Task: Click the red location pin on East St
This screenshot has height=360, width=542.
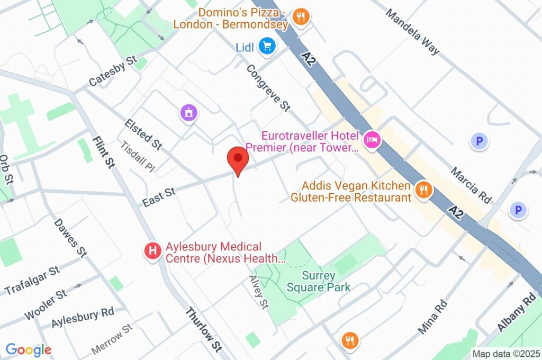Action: tap(238, 159)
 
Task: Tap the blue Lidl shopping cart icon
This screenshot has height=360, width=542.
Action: tap(267, 47)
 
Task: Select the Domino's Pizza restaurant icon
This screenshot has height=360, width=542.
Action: tap(301, 17)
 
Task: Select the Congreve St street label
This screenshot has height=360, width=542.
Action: tap(268, 88)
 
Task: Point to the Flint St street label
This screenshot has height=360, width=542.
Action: tap(103, 152)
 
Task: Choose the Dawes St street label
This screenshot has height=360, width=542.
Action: tap(70, 236)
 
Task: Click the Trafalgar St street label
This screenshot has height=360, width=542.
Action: tap(32, 281)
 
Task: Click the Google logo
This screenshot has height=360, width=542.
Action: tap(28, 350)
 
